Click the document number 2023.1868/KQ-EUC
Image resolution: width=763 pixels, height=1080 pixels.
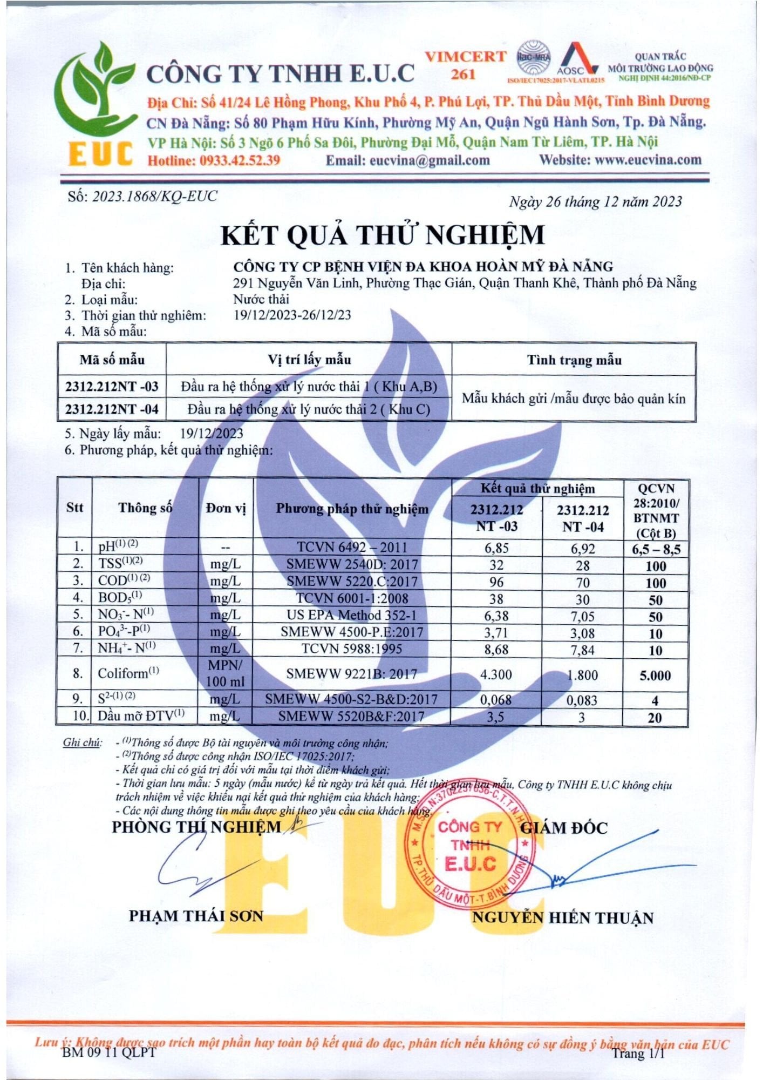coord(154,196)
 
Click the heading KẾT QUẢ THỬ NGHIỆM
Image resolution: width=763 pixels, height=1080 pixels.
coord(382,235)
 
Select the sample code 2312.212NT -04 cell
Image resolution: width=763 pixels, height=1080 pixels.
coord(112,409)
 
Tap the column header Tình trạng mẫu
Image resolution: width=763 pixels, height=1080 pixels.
coord(574,360)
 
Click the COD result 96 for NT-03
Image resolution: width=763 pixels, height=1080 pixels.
coord(496,582)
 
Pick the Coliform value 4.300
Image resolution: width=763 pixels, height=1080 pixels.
coord(496,674)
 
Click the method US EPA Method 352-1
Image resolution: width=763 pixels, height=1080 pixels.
coord(352,615)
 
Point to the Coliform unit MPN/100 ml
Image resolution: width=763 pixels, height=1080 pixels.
coord(226,673)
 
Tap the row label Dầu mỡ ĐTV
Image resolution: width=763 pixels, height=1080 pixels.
coord(141,716)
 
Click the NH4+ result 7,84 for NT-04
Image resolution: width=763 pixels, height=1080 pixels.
coord(583,650)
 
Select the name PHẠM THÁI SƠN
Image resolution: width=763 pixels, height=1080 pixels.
coord(196,916)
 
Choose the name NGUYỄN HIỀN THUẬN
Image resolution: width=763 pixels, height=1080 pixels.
coord(562,917)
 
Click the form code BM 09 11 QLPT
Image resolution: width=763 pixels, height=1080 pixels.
coord(108,1052)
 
